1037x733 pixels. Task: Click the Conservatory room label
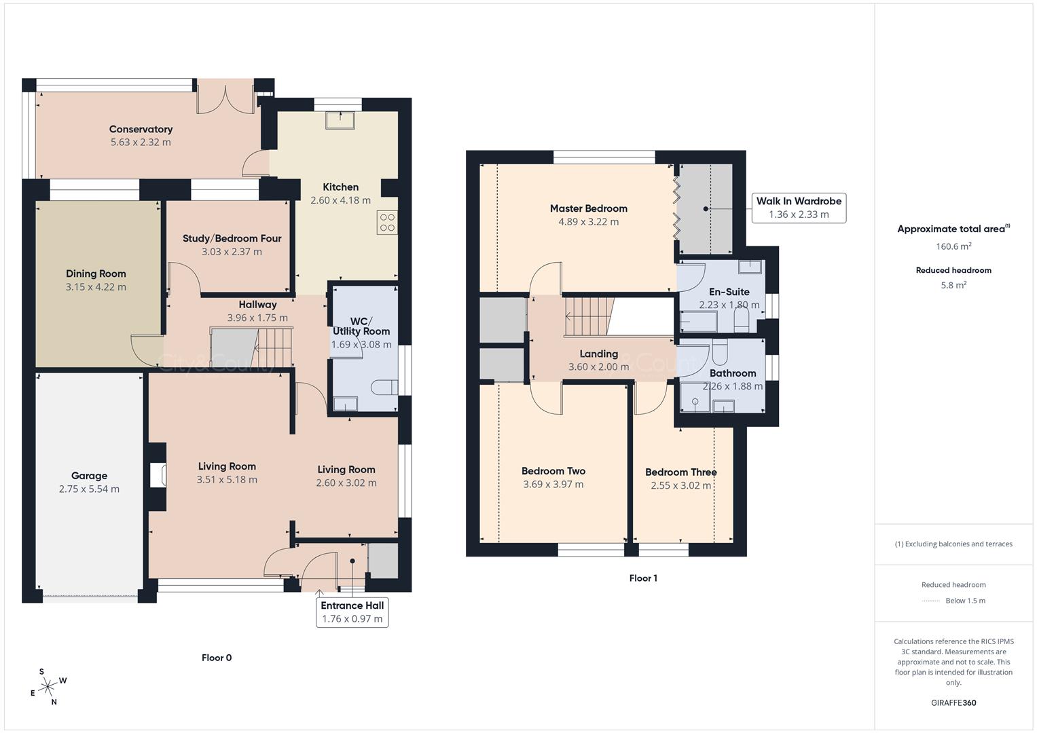pos(141,129)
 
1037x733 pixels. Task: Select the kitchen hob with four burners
pos(387,223)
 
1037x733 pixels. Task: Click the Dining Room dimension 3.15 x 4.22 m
pos(96,287)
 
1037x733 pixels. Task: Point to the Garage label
pos(89,476)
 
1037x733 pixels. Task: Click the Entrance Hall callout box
pos(352,612)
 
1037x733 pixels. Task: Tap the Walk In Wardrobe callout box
pos(799,208)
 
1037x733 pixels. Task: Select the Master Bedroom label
pos(588,208)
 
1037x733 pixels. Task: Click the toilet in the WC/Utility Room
pos(383,388)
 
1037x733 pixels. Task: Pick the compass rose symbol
pos(48,687)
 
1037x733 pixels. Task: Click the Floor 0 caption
pos(217,658)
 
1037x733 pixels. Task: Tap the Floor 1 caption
pos(642,578)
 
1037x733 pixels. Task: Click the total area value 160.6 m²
pos(953,246)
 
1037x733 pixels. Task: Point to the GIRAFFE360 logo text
pos(953,702)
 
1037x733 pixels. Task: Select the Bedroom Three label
pos(680,472)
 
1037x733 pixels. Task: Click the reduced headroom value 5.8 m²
pos(953,285)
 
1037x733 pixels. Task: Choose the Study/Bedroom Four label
pos(232,238)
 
